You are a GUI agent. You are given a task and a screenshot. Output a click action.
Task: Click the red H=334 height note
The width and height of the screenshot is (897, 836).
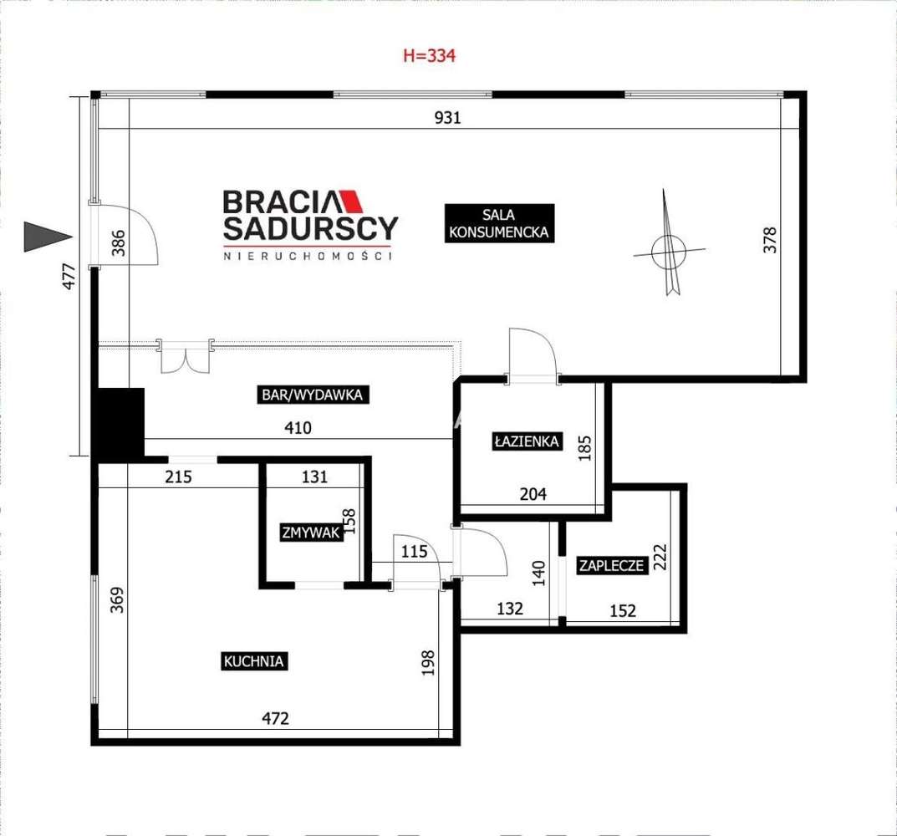[x=429, y=55]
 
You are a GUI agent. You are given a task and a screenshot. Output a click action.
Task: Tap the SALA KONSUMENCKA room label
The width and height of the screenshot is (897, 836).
[x=499, y=223]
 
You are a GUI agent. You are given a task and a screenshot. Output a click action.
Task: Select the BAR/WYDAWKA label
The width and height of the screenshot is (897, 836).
[x=313, y=395]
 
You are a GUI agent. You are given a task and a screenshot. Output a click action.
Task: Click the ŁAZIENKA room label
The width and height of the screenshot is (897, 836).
[x=527, y=441]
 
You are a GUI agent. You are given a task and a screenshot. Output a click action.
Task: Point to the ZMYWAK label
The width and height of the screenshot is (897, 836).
[x=311, y=533]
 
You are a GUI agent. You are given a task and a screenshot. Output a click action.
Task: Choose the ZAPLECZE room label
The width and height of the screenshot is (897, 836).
[x=612, y=565]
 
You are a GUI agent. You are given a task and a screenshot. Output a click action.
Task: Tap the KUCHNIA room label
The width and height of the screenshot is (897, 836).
[x=254, y=661]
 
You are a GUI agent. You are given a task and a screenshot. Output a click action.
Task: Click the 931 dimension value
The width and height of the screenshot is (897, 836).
[x=447, y=117]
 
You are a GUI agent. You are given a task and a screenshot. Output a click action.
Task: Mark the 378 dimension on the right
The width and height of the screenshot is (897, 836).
[x=770, y=240]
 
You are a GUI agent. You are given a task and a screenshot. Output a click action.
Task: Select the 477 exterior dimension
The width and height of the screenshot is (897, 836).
[x=69, y=276]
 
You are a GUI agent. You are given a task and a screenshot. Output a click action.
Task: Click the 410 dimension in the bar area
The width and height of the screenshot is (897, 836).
[x=298, y=427]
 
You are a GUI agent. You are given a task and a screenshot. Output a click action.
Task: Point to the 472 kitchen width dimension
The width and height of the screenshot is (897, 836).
[x=275, y=718]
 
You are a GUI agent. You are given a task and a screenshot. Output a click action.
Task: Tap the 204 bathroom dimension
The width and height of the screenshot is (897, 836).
[x=533, y=494]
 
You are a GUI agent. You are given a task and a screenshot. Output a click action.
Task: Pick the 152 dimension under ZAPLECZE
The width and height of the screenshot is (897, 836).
[x=623, y=610]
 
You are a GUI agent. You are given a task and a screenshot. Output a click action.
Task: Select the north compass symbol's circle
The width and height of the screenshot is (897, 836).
[x=668, y=252]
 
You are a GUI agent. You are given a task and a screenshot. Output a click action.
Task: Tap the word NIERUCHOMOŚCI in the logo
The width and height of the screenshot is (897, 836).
[x=308, y=256]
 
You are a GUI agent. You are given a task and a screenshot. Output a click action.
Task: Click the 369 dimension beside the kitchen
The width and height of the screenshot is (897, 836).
[x=117, y=599]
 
